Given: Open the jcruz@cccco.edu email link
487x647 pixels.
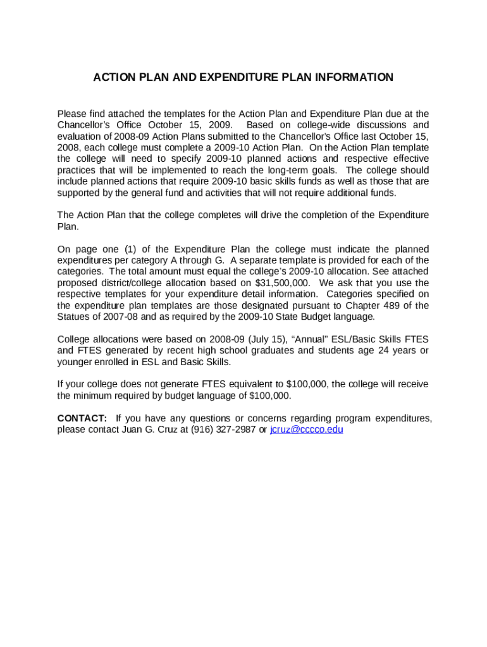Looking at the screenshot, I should (x=306, y=430).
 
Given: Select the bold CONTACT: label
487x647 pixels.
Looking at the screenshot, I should (x=82, y=418).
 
